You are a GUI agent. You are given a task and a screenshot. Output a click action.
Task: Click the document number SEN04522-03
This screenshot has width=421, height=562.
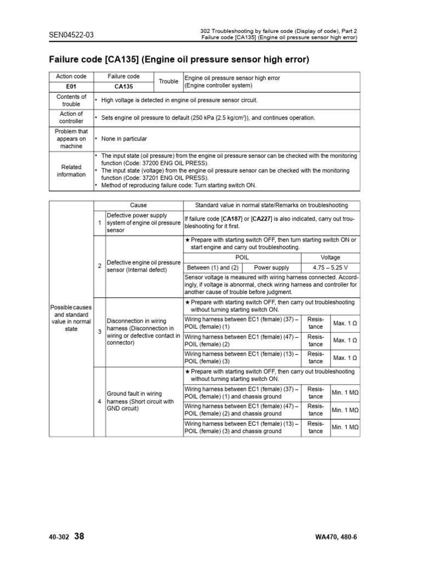(x=71, y=35)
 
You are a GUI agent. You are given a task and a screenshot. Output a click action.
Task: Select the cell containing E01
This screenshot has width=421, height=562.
(x=71, y=86)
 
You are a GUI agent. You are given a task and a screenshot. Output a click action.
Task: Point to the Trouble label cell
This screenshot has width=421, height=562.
(x=168, y=82)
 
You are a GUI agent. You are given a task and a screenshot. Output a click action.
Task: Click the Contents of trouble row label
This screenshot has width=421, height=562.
(x=71, y=100)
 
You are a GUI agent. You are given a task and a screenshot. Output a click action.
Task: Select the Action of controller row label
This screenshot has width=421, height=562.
(x=71, y=117)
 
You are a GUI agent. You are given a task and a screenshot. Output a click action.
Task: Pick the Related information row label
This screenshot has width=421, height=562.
(x=71, y=171)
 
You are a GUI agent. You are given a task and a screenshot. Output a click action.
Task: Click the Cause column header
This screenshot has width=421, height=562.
(x=138, y=205)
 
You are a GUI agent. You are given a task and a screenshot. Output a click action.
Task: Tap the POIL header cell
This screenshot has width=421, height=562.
(x=242, y=257)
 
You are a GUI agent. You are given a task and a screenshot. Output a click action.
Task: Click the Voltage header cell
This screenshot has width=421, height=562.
(x=330, y=257)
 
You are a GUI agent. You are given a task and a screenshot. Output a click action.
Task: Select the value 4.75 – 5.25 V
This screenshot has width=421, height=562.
(x=330, y=268)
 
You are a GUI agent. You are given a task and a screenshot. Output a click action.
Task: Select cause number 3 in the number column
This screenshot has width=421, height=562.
(x=99, y=331)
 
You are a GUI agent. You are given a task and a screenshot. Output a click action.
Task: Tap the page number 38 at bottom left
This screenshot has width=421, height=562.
(x=79, y=536)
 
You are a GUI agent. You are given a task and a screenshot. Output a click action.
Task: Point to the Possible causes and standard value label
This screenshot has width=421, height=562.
(x=71, y=318)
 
